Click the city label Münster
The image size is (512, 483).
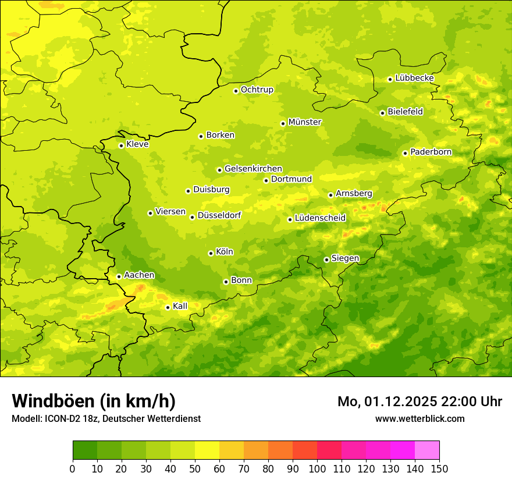[x=305, y=122]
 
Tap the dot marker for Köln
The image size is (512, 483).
[x=211, y=253]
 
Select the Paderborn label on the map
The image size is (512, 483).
[x=431, y=152]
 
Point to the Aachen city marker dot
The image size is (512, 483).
[x=119, y=276]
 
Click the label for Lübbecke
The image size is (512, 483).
[x=414, y=78]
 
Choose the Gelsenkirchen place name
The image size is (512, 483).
[x=253, y=169]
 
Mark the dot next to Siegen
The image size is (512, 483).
[x=326, y=260]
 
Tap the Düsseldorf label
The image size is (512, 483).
[x=219, y=215]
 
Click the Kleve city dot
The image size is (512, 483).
[x=121, y=145]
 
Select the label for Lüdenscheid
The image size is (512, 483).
[x=320, y=218]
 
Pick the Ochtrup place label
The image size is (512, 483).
[x=257, y=90]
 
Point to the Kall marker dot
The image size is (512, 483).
[x=168, y=307]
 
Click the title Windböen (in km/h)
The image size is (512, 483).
[x=94, y=401]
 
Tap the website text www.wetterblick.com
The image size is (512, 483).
[x=419, y=418]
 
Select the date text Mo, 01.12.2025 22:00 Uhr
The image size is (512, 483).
[x=419, y=402]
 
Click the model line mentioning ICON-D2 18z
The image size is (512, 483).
[x=106, y=418]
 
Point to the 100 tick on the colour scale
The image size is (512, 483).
[x=317, y=468]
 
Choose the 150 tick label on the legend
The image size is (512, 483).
[x=439, y=468]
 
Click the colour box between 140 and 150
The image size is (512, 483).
[x=427, y=450]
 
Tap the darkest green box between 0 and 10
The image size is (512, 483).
[x=85, y=450]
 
